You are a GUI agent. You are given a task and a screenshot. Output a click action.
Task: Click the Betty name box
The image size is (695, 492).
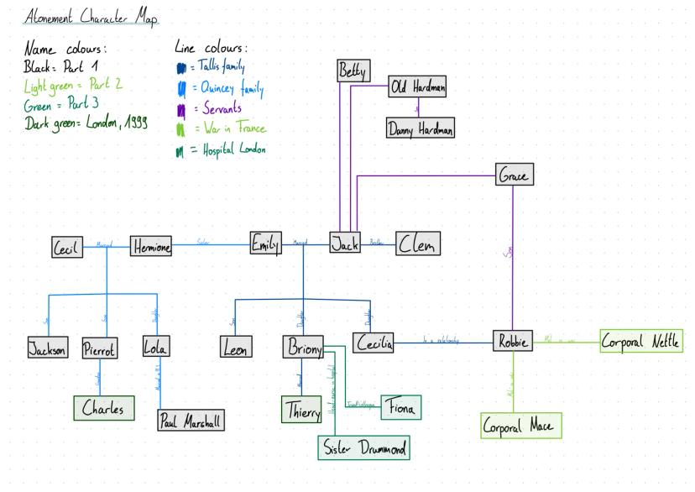tap(353, 73)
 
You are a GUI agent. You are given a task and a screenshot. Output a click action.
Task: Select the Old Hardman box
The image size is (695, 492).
tap(416, 87)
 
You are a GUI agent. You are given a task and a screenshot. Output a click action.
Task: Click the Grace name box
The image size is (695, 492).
tap(515, 175)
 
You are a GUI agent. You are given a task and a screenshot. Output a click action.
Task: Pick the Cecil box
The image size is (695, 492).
tap(65, 248)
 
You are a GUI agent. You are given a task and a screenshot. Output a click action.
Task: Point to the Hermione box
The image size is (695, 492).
tap(151, 247)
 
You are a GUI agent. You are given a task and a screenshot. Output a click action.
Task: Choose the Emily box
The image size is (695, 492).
tap(265, 243)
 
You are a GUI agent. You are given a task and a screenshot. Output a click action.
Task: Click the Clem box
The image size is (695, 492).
tap(417, 243)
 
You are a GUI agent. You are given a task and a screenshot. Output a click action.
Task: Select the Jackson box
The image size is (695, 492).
tap(48, 350)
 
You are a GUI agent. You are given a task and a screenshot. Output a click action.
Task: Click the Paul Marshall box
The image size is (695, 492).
tap(191, 421)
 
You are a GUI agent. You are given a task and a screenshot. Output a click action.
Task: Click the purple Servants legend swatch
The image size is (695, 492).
tap(180, 111)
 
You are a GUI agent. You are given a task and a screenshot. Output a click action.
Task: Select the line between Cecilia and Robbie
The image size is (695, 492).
tap(442, 343)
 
